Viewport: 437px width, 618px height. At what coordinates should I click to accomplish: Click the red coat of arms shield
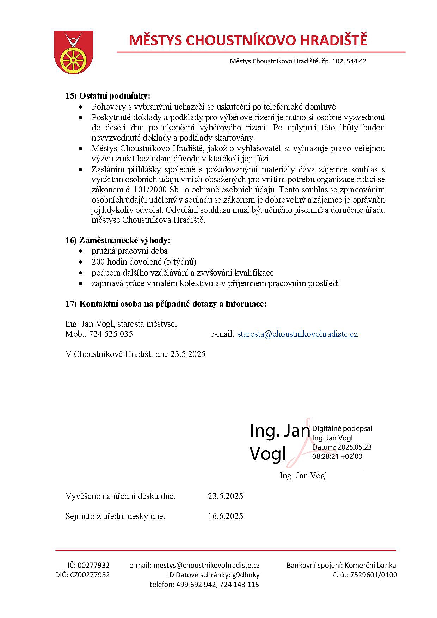[73, 52]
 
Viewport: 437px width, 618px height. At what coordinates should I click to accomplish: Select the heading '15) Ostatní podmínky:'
[108, 96]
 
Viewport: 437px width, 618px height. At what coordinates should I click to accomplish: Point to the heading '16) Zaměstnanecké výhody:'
[118, 240]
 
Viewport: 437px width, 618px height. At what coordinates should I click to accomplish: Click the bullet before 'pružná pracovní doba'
[81, 251]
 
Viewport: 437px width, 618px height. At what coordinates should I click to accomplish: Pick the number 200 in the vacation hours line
[98, 262]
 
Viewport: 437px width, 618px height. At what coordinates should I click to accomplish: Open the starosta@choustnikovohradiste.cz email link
[297, 334]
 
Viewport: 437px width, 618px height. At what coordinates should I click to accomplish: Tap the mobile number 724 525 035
[111, 334]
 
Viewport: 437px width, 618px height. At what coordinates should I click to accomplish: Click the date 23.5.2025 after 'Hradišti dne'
[188, 354]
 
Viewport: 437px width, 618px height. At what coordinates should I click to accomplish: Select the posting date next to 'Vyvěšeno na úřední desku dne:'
[225, 496]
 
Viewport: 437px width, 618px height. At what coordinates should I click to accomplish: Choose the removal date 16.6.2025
[225, 516]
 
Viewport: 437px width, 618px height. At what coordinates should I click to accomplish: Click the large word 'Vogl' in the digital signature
[268, 453]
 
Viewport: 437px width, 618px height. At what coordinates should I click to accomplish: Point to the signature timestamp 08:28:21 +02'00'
[338, 456]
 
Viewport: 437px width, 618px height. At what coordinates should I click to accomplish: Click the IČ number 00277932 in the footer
[93, 565]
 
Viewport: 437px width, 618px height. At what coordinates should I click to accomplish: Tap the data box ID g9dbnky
[246, 575]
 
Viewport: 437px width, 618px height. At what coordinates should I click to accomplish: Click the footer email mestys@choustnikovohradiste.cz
[207, 565]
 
